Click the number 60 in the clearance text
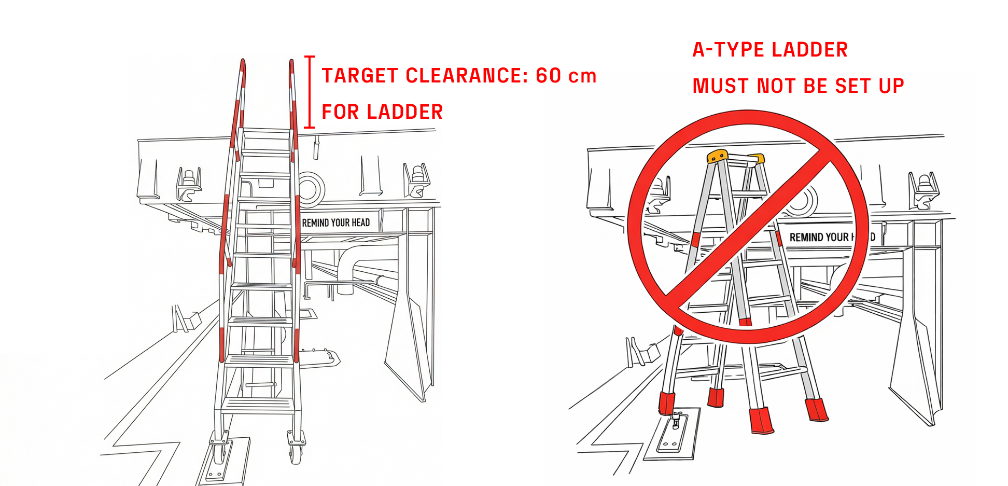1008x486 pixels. (549, 76)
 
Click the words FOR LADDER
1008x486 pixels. (382, 112)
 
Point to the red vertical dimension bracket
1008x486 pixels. (310, 92)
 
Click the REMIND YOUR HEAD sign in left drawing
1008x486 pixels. (336, 223)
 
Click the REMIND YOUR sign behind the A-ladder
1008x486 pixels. (819, 238)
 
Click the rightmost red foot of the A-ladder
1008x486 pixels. (816, 410)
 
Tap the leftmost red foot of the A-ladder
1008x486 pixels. (666, 404)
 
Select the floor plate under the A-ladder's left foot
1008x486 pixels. (672, 436)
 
